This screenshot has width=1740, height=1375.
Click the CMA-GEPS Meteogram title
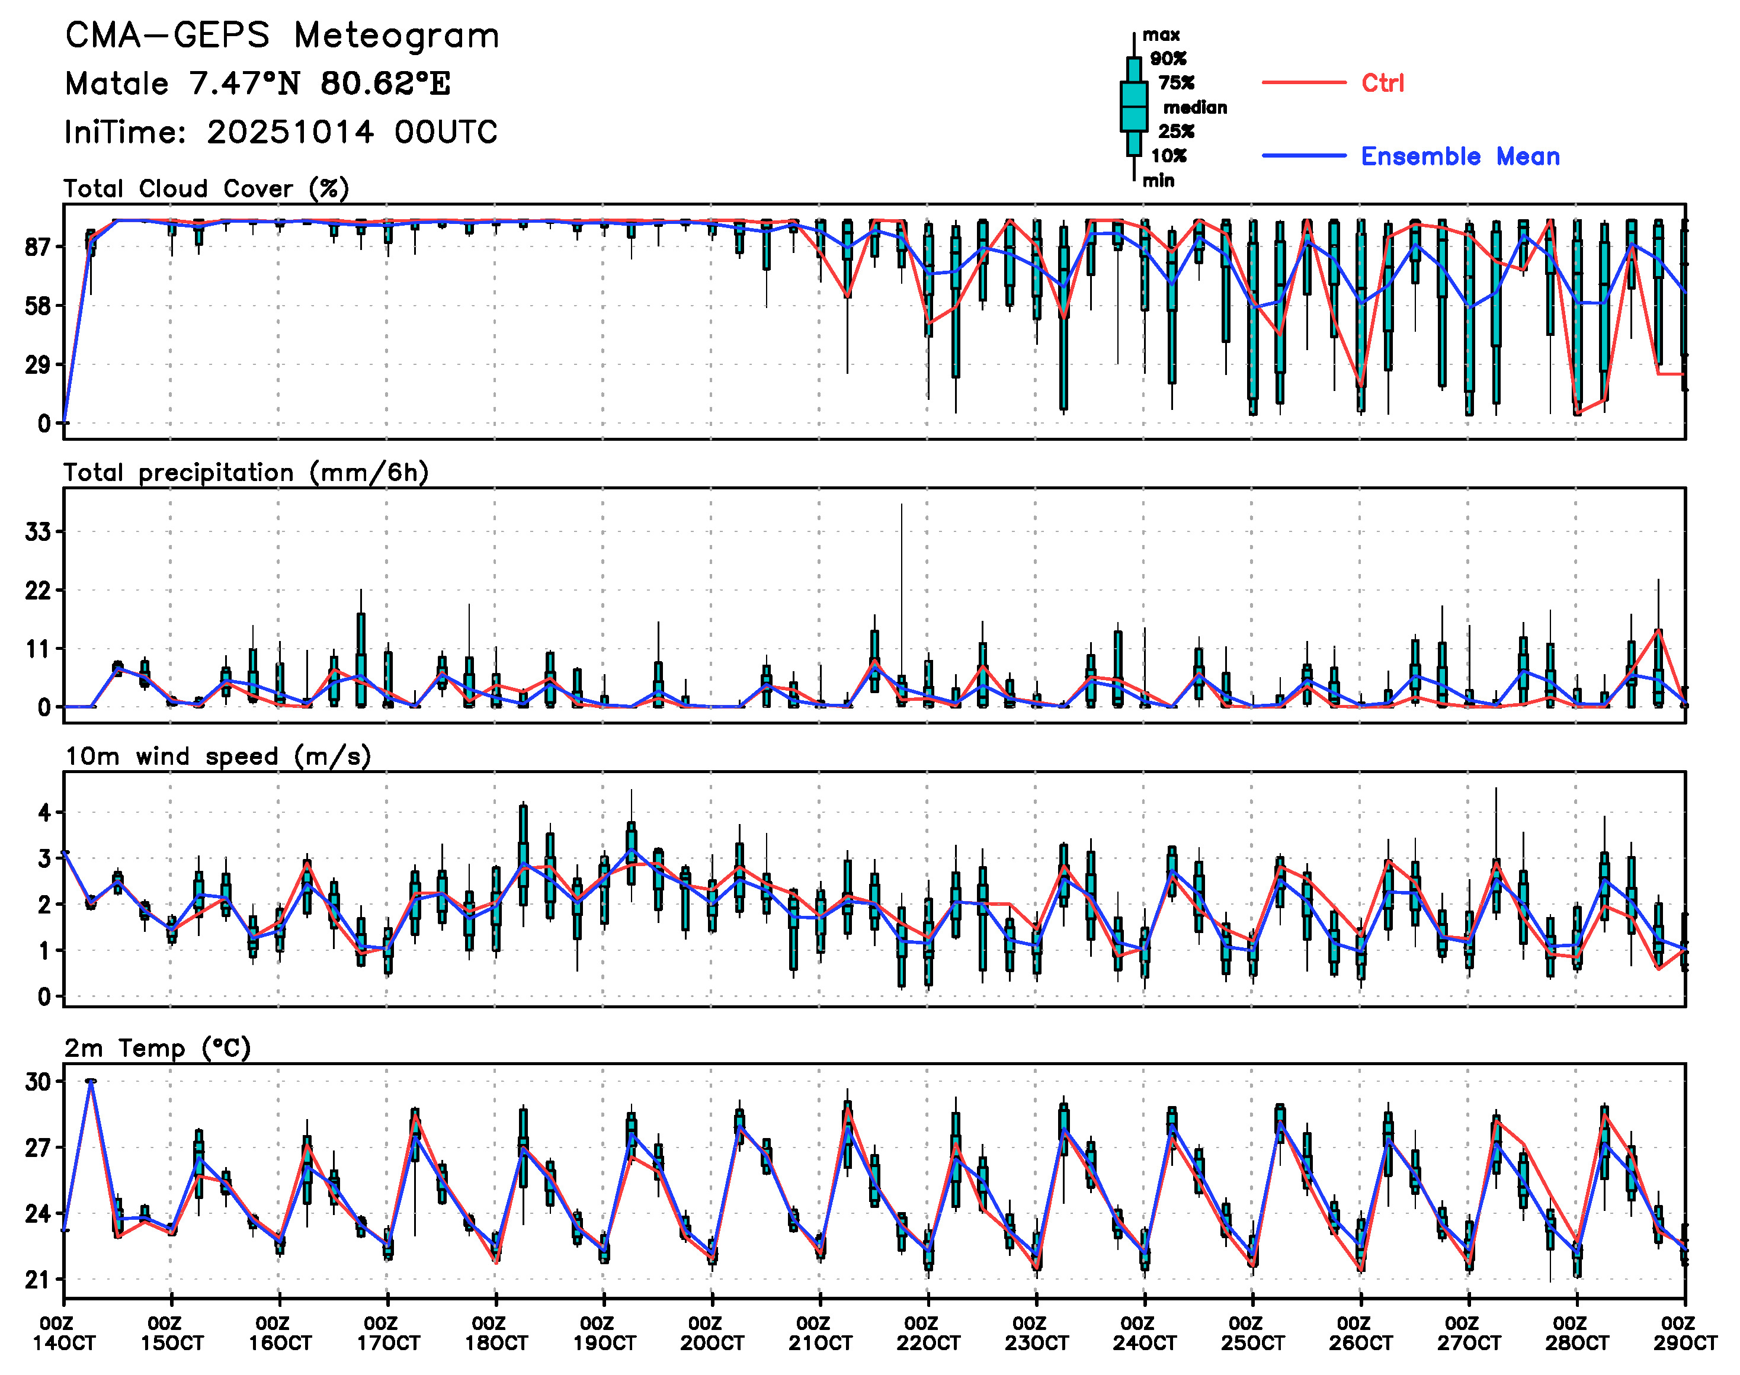click(282, 36)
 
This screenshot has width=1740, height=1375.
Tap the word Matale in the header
click(117, 84)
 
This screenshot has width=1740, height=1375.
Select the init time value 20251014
click(290, 132)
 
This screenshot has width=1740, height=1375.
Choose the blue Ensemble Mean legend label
click(1460, 156)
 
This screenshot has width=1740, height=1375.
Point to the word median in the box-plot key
click(1195, 108)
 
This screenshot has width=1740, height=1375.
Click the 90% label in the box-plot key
click(1168, 59)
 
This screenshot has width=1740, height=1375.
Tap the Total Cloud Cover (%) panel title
click(206, 188)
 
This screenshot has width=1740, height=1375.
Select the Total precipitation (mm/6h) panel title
click(246, 473)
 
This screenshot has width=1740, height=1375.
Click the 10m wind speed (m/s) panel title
click(217, 757)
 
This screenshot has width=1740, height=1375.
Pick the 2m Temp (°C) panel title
click(158, 1048)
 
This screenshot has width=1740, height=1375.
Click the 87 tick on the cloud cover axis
click(38, 247)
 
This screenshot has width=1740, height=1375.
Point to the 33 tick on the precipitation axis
click(38, 532)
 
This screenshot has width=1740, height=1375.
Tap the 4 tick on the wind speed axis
click(44, 812)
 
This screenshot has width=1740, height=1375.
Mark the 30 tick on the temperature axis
click(38, 1082)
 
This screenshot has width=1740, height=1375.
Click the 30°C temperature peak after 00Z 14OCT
click(91, 1081)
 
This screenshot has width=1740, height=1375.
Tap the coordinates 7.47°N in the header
click(245, 84)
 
